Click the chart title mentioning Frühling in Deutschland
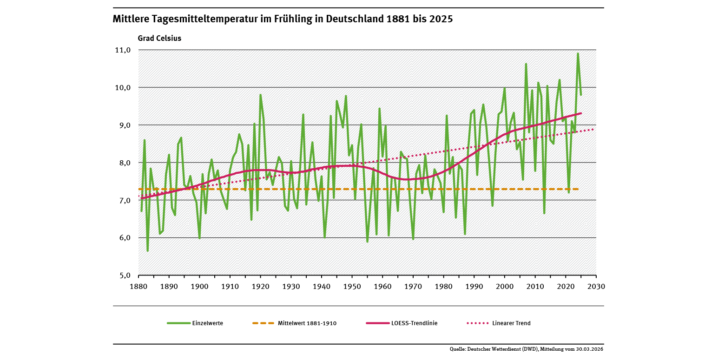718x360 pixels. [x=283, y=20]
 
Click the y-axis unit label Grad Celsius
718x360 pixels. [x=159, y=39]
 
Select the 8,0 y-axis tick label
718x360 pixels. [x=123, y=163]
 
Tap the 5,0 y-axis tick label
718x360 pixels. [x=123, y=275]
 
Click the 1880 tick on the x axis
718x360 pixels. [x=138, y=287]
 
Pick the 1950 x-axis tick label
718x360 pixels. [x=352, y=287]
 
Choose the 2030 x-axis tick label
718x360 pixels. [x=596, y=287]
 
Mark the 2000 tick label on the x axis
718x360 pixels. [x=505, y=287]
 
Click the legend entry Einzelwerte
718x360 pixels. [x=207, y=323]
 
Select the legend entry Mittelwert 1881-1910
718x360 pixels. [x=307, y=323]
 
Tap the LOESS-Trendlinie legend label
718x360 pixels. [x=414, y=323]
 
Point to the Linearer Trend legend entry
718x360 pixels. [x=511, y=323]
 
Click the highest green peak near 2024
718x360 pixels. [x=578, y=53]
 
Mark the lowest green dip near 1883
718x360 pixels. [x=148, y=251]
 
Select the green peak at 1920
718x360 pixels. [x=261, y=95]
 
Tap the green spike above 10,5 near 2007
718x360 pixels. [x=526, y=64]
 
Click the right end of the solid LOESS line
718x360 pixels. [x=581, y=113]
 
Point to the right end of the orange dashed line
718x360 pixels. [x=578, y=189]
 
